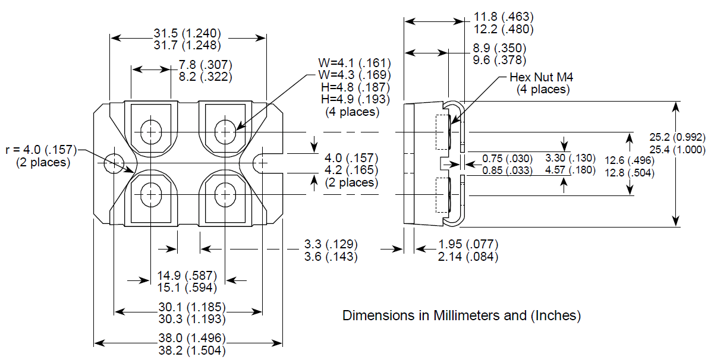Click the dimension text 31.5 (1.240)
188,33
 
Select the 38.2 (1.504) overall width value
188,350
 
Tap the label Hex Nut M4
542,77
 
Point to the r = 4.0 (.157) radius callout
41,149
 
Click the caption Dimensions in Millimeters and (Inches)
461,315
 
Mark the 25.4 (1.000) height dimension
678,150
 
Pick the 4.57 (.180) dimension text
570,171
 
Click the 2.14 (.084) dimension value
468,257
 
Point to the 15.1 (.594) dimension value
187,288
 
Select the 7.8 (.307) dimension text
205,64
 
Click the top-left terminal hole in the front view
151,130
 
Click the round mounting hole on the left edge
113,162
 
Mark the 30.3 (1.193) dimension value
188,319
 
